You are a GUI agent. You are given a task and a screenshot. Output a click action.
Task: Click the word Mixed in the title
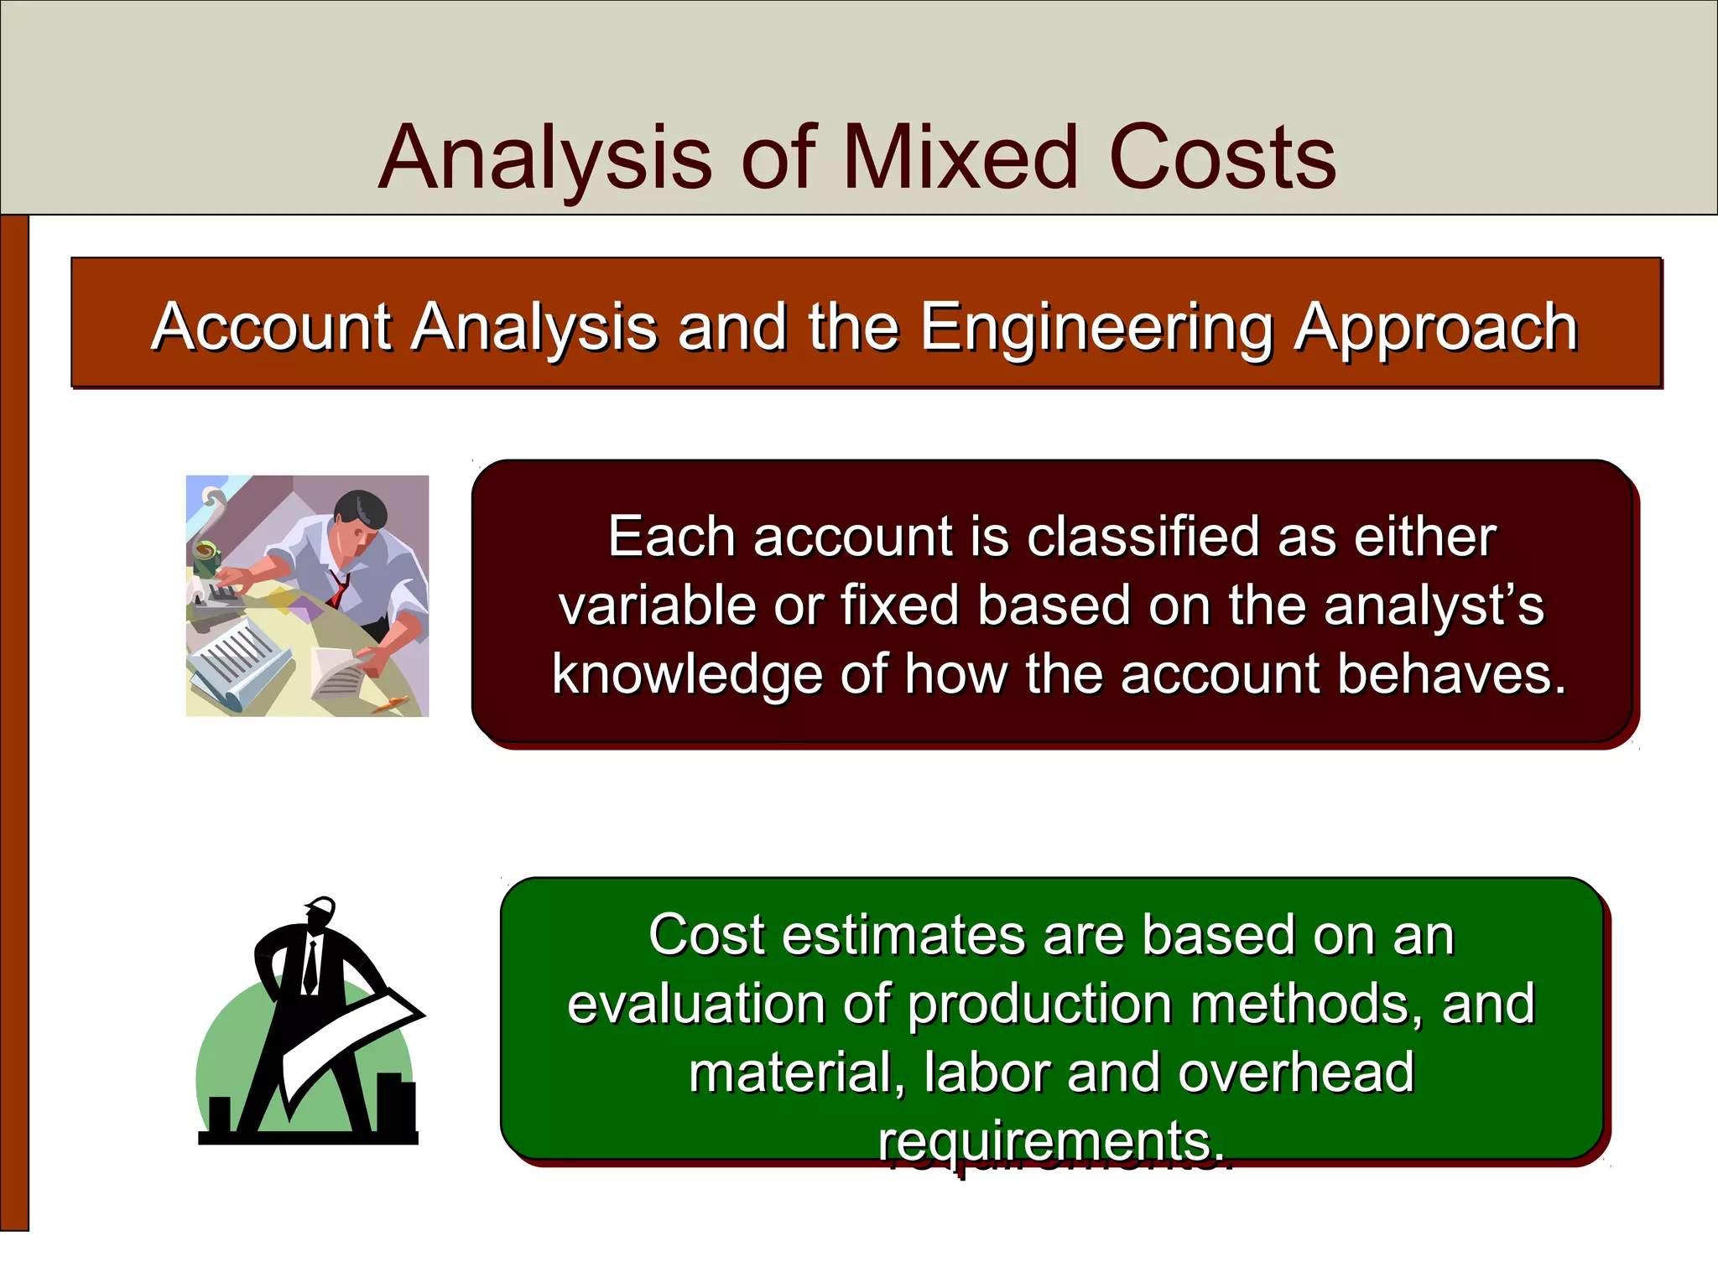click(x=960, y=157)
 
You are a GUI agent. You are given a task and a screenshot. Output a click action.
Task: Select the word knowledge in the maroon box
click(x=686, y=676)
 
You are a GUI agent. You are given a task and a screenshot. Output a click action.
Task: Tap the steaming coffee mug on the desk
click(x=205, y=555)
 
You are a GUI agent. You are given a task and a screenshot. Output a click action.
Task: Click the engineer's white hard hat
click(x=320, y=906)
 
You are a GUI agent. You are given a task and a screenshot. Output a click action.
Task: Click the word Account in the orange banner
click(x=271, y=327)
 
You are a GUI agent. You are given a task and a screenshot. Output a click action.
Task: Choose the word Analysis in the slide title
click(x=545, y=158)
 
